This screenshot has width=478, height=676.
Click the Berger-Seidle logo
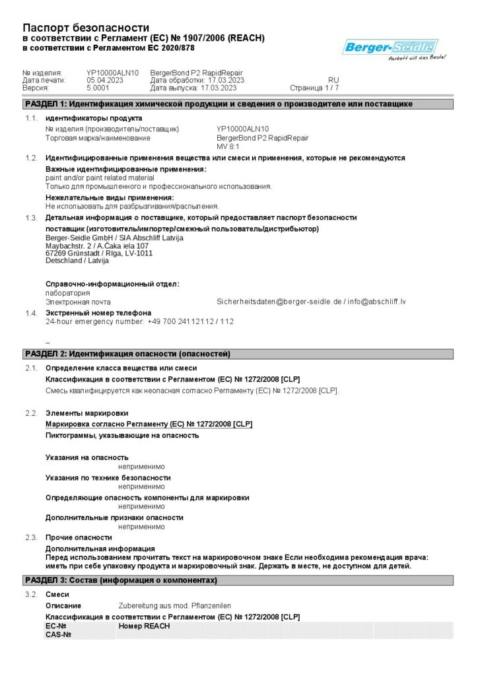click(x=390, y=48)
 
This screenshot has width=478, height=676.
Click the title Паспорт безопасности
click(x=86, y=28)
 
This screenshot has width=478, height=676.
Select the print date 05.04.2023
click(x=105, y=80)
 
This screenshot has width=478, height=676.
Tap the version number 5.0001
click(x=98, y=88)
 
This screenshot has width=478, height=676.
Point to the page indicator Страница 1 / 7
click(x=314, y=88)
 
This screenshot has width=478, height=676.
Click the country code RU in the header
click(x=333, y=80)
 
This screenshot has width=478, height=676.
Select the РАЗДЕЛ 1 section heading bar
click(x=238, y=104)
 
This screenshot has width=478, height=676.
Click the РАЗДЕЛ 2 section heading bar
click(x=238, y=355)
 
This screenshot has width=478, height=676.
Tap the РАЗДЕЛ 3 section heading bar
click(x=238, y=580)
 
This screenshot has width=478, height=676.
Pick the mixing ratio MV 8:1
click(x=228, y=147)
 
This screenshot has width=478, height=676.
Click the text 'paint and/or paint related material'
click(x=100, y=178)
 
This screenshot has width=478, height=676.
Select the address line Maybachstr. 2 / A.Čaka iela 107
click(x=96, y=246)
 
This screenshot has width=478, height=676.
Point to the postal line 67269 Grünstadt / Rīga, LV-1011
click(x=99, y=253)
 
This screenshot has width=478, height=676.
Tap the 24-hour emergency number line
click(x=139, y=321)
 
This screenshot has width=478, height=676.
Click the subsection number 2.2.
click(x=31, y=413)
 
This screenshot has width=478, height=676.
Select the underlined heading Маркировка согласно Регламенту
click(x=149, y=424)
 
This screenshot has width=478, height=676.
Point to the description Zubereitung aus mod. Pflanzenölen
click(x=174, y=605)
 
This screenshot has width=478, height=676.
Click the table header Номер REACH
click(x=144, y=626)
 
